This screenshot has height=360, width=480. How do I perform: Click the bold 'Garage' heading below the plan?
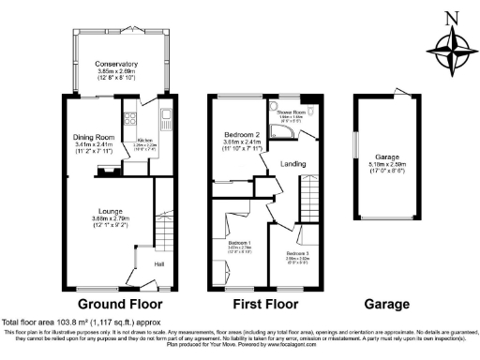pyautogui.click(x=386, y=305)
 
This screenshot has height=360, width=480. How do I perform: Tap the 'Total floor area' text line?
pyautogui.click(x=75, y=321)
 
